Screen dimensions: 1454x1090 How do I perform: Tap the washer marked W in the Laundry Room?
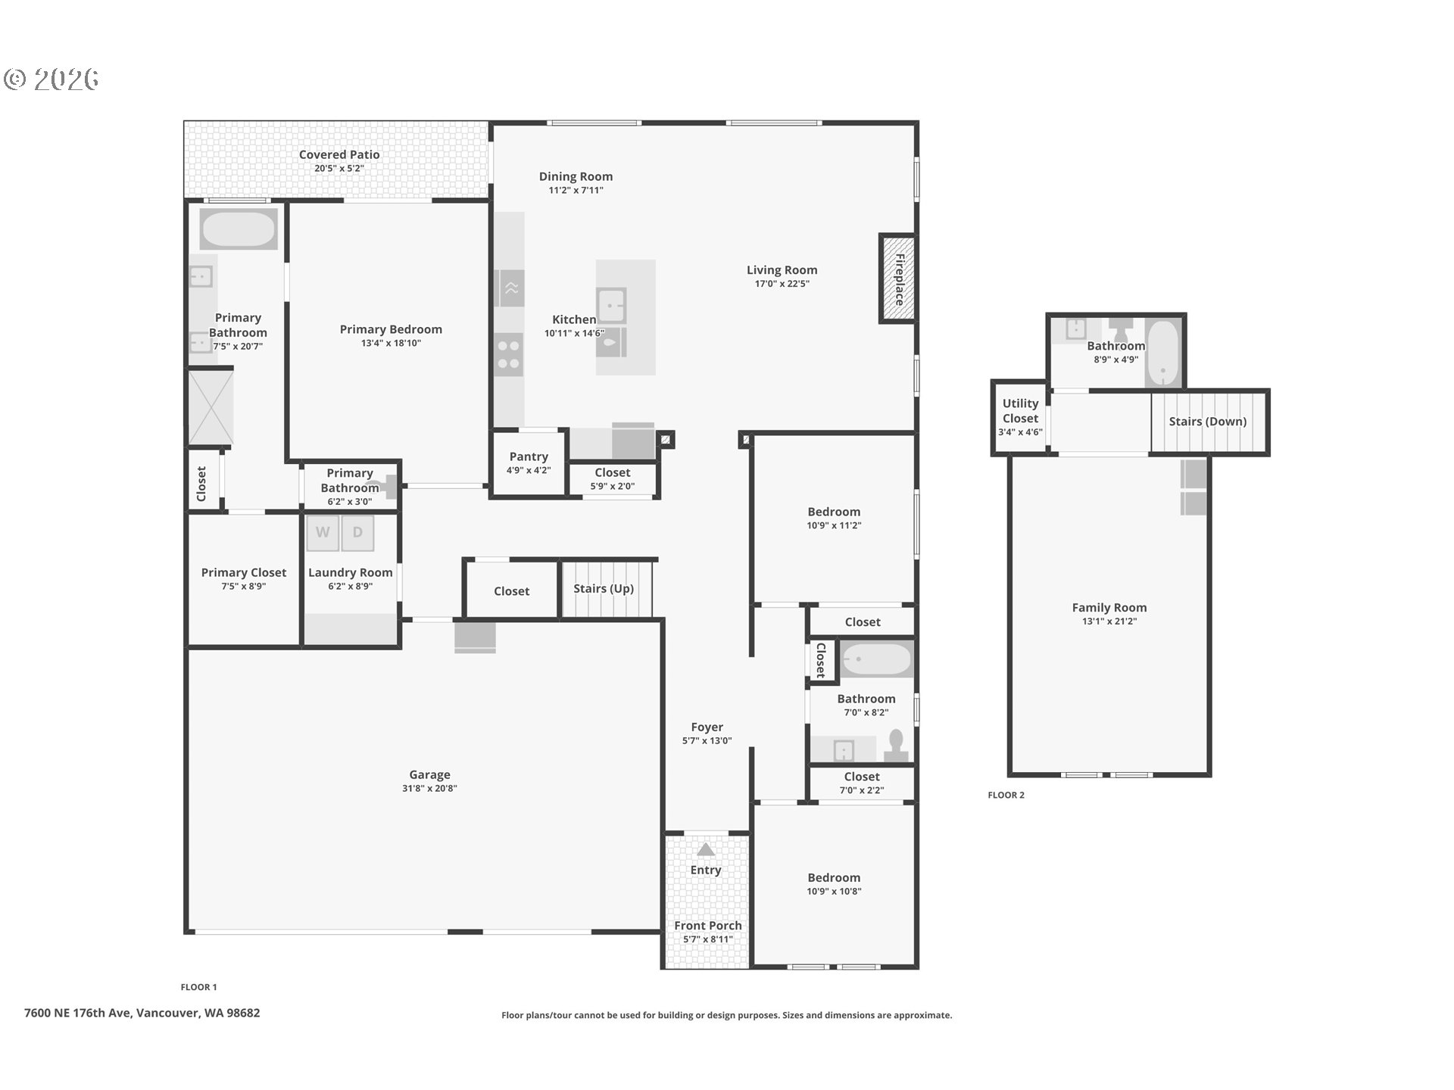point(323,532)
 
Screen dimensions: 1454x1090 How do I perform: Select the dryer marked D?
point(357,532)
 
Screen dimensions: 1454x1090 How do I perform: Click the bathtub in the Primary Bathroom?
point(239,228)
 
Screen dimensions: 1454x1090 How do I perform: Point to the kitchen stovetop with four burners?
point(509,355)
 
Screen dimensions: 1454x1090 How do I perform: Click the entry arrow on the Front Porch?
point(706,849)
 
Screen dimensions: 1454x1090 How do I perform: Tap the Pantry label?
point(529,456)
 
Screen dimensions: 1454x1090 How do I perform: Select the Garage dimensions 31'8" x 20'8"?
point(429,789)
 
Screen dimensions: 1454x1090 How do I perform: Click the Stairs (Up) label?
point(604,589)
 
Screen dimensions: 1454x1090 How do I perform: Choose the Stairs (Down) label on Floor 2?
point(1208,422)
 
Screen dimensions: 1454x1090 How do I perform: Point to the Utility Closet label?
point(1020,411)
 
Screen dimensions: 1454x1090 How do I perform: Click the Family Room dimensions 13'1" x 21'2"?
point(1109,621)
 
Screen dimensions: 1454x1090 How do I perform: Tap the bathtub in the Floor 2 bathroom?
point(1162,353)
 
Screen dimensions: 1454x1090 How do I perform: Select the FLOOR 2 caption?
point(1006,795)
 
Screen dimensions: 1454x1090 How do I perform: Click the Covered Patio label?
point(339,154)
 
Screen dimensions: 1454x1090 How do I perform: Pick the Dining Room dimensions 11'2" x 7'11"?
point(576,191)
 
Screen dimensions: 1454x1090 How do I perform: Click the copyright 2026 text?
point(51,79)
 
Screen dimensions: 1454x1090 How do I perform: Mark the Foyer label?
point(707,727)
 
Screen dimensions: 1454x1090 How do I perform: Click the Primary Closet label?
point(244,572)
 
